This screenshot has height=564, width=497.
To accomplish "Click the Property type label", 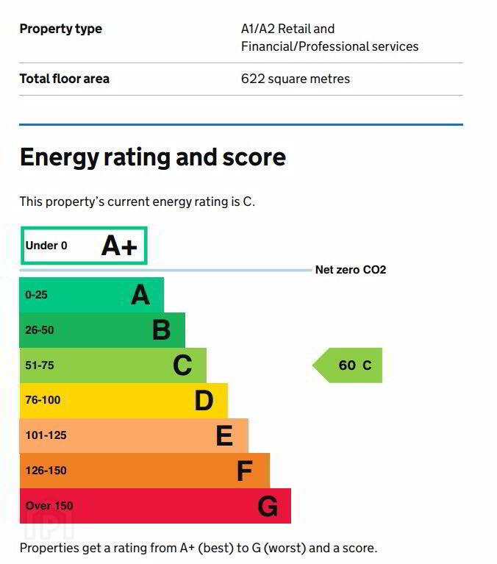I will tap(60, 29).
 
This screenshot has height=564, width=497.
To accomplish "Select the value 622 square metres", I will tap(296, 79).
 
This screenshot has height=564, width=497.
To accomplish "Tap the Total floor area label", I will tap(64, 79).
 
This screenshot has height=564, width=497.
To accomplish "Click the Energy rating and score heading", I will tap(152, 157).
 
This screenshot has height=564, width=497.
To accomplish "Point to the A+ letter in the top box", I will tap(119, 246).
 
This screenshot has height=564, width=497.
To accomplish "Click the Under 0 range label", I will tap(46, 246).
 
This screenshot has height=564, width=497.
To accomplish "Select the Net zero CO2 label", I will tap(350, 270).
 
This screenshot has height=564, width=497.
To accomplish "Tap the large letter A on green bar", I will tap(140, 295).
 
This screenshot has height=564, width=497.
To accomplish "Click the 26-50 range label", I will tap(40, 330).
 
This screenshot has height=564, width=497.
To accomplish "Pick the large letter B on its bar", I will tap(161, 330).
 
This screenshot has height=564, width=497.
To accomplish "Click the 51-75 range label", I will tap(40, 365).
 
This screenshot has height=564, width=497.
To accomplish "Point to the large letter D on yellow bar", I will tap(204, 401).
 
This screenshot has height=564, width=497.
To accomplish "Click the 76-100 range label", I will tap(43, 401).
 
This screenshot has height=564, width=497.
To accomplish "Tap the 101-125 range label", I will tap(46, 435).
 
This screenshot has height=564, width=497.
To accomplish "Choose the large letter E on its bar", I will tap(224, 436).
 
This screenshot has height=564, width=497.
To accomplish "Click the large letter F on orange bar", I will tap(245, 471).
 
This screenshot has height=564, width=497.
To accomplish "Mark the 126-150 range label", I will tap(46, 471).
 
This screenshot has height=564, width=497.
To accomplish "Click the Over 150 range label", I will tap(49, 506).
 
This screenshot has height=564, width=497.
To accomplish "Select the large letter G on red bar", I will tap(268, 506).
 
